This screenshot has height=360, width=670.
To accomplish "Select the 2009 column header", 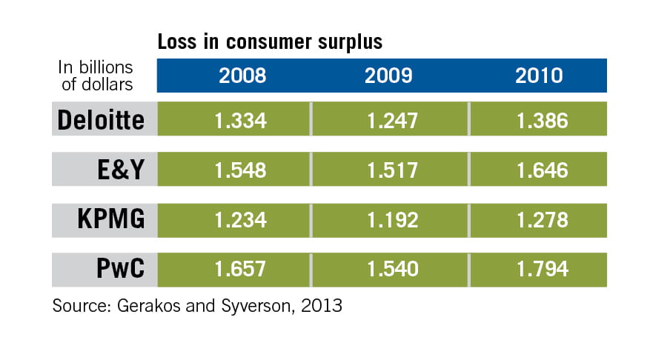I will point(390,76).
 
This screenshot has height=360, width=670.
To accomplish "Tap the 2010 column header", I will point(539,76).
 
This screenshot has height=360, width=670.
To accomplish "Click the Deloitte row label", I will point(100,120).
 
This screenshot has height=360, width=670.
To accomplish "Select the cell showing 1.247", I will point(390,120).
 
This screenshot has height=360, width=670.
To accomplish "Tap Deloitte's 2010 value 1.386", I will point(539,120).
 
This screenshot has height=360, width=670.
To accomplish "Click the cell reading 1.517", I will point(390,170).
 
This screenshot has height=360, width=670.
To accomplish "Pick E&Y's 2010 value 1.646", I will point(539,170).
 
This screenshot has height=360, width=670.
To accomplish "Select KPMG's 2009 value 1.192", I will point(390,221).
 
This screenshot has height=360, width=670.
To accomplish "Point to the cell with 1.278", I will point(539,221).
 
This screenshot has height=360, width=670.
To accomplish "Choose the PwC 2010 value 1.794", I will point(539,270).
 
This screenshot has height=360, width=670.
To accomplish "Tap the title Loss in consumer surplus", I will point(270,42).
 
